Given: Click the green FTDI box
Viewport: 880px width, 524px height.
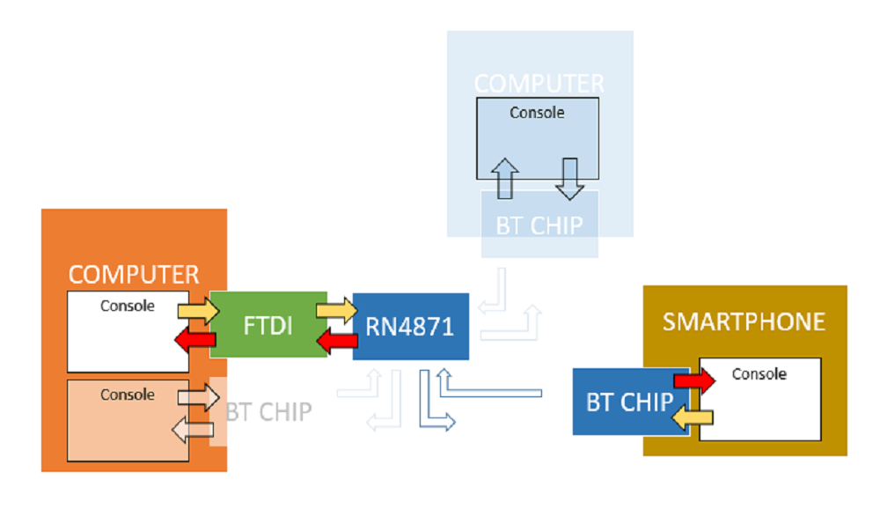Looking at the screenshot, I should [x=268, y=325].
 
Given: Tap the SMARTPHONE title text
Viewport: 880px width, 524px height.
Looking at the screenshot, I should [x=744, y=321].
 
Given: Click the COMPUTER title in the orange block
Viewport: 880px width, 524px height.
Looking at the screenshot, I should [x=134, y=275].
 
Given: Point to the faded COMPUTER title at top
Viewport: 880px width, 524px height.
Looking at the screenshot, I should [x=539, y=85].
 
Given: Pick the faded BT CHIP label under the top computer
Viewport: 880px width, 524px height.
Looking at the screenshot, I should [x=539, y=225].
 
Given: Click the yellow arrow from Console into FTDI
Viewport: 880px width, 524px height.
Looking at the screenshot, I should [x=198, y=310].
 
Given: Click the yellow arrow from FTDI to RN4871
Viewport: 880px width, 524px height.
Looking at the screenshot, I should [x=337, y=310].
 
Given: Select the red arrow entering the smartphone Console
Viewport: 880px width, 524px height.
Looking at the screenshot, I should [x=694, y=380].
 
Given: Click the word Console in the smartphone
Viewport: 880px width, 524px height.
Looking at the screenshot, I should [x=759, y=374].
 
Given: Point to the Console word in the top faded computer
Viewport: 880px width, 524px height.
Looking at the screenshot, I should [x=537, y=113].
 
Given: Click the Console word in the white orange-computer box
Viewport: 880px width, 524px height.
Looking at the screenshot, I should [x=128, y=306].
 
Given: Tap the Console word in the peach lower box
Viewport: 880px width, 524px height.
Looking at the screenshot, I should [x=128, y=395].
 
